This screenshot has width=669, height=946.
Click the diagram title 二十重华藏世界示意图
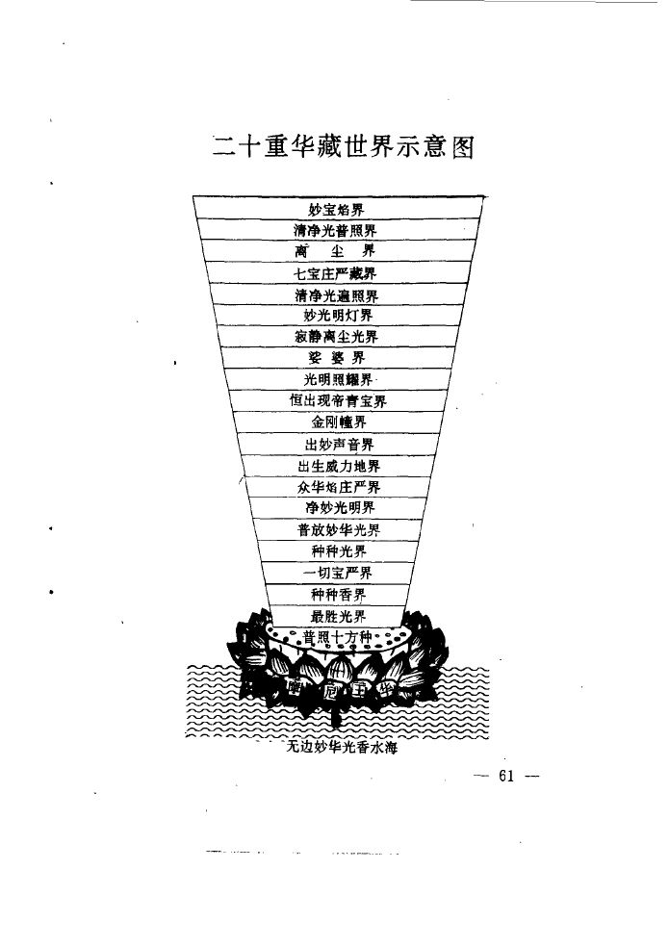click(x=344, y=148)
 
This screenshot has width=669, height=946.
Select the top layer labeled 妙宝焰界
click(x=336, y=209)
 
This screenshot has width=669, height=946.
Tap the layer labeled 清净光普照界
click(x=336, y=231)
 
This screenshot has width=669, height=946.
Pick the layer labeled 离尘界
click(x=336, y=252)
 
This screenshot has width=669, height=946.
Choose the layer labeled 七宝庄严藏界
click(x=336, y=274)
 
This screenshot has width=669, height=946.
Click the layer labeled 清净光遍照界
click(x=336, y=295)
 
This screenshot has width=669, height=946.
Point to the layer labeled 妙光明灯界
click(x=337, y=316)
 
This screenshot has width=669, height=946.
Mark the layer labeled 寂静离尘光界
click(x=337, y=337)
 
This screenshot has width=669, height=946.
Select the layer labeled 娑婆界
click(x=337, y=358)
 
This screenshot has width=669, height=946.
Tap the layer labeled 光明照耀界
click(x=337, y=379)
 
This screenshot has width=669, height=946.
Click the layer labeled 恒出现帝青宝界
click(x=337, y=400)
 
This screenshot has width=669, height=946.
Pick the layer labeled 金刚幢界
click(x=337, y=422)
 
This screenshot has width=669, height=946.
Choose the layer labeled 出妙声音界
click(x=338, y=444)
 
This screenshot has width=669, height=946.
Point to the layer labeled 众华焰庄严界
click(x=338, y=487)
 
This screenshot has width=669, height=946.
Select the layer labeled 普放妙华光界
click(x=338, y=530)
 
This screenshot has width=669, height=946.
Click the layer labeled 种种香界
click(x=338, y=595)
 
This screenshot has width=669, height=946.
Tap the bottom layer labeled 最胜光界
click(x=338, y=616)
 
